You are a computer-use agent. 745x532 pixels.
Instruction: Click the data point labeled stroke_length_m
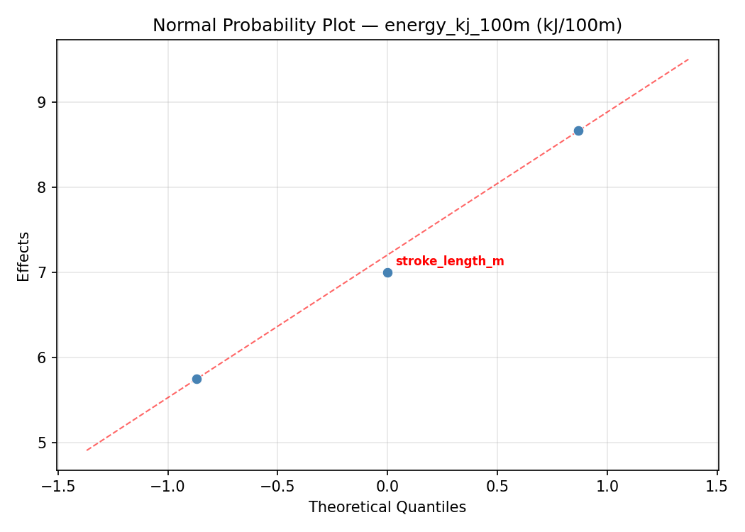point(387,272)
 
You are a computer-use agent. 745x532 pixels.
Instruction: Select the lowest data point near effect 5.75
point(197,379)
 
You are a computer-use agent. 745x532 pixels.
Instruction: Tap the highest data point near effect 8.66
point(578,131)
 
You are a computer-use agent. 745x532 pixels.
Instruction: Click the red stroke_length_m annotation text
point(449,261)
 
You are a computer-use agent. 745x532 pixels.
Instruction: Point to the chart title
point(387,26)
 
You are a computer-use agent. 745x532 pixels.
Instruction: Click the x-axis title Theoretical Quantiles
point(387,507)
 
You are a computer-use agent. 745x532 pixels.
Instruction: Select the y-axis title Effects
point(24,256)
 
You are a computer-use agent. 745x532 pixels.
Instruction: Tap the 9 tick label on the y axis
point(42,102)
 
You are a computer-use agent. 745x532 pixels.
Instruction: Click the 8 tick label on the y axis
point(42,187)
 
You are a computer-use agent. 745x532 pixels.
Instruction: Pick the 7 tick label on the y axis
point(42,272)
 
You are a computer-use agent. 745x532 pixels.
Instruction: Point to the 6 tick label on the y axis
point(42,358)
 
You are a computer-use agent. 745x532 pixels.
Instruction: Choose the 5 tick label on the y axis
point(42,443)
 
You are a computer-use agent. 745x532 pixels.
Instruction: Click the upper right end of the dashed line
point(688,60)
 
